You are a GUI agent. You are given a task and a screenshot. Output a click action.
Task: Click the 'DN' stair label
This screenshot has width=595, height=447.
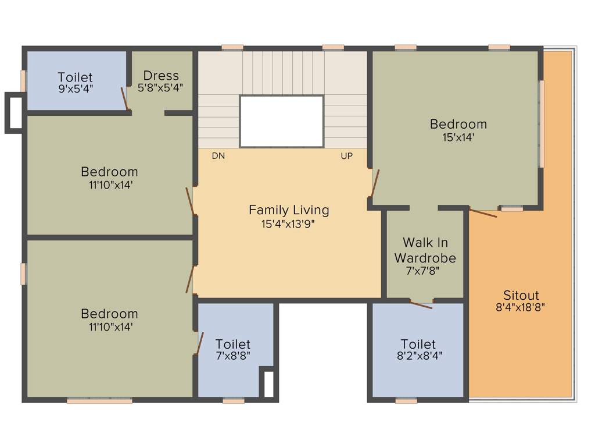pyautogui.click(x=218, y=156)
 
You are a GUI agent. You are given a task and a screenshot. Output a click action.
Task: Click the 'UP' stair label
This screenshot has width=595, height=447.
pyautogui.click(x=347, y=156)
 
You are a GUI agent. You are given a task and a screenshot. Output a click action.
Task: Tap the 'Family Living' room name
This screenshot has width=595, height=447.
pyautogui.click(x=289, y=210)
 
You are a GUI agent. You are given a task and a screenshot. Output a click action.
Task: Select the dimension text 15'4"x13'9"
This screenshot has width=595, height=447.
pyautogui.click(x=289, y=223)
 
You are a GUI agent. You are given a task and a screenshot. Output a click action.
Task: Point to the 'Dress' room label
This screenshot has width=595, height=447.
pyautogui.click(x=161, y=76)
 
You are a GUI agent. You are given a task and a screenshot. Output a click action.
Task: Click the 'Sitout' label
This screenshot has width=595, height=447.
pyautogui.click(x=521, y=295)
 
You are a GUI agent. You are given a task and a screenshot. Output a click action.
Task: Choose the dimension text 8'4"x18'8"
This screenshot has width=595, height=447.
pyautogui.click(x=521, y=308)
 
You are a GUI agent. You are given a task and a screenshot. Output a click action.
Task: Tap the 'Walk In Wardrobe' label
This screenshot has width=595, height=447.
pyautogui.click(x=425, y=250)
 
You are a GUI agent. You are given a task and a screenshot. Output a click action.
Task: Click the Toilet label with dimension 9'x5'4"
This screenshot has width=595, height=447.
pyautogui.click(x=75, y=77)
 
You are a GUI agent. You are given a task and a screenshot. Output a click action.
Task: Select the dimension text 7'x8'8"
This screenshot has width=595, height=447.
pyautogui.click(x=232, y=357)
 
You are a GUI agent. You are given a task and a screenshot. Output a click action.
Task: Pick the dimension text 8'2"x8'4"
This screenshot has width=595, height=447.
pyautogui.click(x=418, y=357)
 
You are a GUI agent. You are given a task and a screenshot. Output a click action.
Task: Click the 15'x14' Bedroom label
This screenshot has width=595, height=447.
pyautogui.click(x=458, y=124)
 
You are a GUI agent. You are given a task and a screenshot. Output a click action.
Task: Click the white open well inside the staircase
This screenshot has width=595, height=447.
pyautogui.click(x=281, y=121)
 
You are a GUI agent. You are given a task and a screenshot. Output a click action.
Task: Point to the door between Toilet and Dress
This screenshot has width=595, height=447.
pyautogui.click(x=124, y=98)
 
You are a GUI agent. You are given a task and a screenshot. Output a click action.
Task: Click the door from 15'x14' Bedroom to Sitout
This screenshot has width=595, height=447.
pyautogui.click(x=483, y=213)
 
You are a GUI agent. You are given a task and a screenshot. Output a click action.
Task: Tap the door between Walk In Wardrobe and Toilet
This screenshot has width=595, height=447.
pyautogui.click(x=421, y=304)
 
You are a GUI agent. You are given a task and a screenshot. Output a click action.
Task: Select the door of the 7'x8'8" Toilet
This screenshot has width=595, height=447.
pyautogui.click(x=199, y=343)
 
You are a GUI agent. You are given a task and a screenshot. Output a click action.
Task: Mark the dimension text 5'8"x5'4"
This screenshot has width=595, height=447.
pyautogui.click(x=161, y=88)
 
